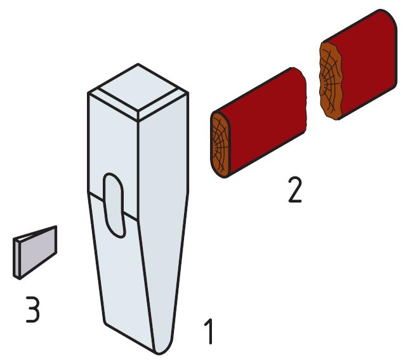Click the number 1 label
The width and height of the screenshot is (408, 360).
(209, 331)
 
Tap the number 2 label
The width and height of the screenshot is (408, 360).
(295, 190)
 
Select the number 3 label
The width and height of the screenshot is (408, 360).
(32, 309)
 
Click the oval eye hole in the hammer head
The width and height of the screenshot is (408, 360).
(114, 205)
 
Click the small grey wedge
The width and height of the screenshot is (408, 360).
(35, 252)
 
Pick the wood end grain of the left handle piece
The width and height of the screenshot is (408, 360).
(220, 145)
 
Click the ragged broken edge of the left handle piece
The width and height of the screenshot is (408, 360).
(305, 102)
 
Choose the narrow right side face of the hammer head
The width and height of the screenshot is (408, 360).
(162, 208)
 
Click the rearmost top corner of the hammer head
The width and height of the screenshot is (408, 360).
(138, 63)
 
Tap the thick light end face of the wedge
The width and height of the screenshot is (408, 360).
(16, 258)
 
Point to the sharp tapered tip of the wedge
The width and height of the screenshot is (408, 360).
(56, 227)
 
